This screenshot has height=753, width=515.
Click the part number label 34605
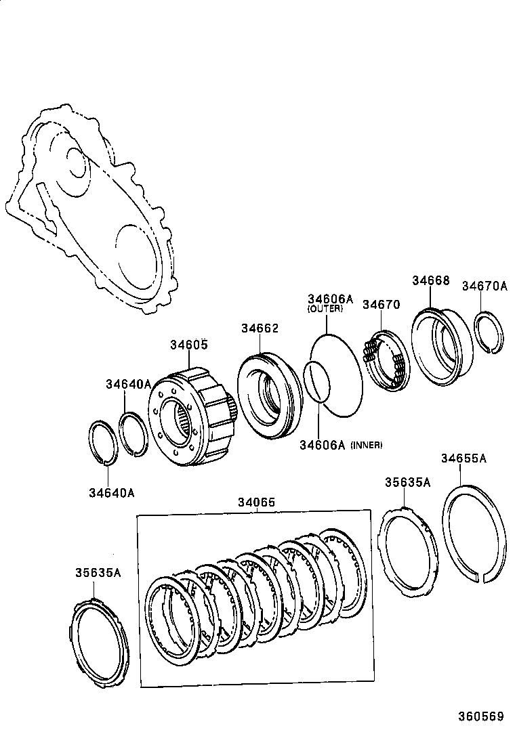[x=188, y=345]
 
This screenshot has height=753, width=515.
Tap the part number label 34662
[x=259, y=328]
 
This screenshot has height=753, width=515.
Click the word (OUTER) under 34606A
[x=325, y=309]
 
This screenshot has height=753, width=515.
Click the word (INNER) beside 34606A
[x=367, y=445]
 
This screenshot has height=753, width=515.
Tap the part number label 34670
[x=381, y=305]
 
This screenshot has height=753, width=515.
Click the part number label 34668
[x=430, y=280]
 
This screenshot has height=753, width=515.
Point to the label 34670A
[x=485, y=286]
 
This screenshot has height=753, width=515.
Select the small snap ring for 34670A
[x=490, y=332]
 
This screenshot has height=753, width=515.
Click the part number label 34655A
[x=464, y=458]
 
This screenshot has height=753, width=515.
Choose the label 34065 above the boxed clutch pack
[x=256, y=502]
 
